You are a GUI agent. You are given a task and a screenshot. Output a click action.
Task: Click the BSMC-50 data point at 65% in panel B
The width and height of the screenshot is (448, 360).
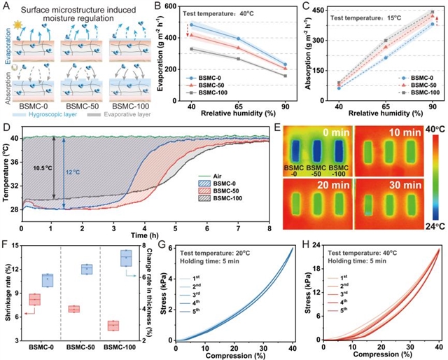coord(238,48)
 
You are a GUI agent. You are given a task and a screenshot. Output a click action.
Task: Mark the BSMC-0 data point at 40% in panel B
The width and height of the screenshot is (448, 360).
coord(190,25)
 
